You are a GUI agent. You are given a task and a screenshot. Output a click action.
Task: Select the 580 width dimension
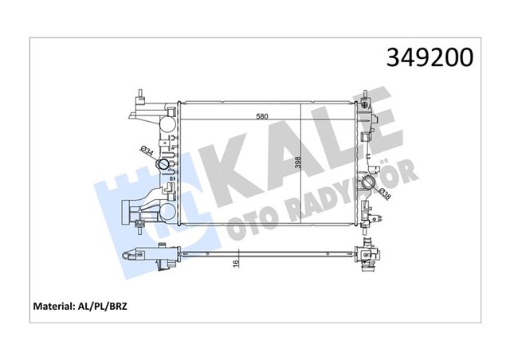click(261, 116)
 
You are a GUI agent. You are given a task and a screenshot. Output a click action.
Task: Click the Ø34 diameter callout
click(147, 151)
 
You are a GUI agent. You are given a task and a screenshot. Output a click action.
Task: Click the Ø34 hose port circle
click(164, 165)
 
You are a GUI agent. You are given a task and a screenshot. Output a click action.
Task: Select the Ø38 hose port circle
click(370, 185)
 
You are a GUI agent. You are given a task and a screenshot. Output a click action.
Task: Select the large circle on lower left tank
click(167, 212)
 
